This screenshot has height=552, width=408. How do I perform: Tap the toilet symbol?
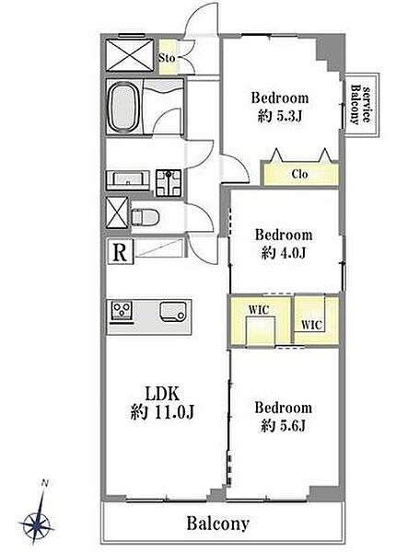click(x=146, y=217)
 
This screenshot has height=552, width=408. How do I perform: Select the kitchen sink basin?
click(x=172, y=311)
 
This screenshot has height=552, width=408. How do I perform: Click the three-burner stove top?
click(x=122, y=311)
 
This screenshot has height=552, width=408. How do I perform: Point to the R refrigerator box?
click(x=120, y=252)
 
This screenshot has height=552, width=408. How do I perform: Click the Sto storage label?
click(x=167, y=58)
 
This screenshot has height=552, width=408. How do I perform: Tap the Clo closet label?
click(x=299, y=174)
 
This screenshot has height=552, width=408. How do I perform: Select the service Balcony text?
click(x=361, y=104)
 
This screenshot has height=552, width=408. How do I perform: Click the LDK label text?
click(x=162, y=394)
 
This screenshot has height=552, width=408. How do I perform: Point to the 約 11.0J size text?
click(x=162, y=412)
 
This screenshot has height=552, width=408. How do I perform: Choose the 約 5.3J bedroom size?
click(x=280, y=116)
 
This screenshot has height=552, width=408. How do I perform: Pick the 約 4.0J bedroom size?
click(x=284, y=252)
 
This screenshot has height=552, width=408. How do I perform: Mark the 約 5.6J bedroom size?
click(x=284, y=426)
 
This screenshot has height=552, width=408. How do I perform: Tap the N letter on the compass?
click(x=45, y=483)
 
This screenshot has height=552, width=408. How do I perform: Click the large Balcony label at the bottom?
click(x=218, y=523)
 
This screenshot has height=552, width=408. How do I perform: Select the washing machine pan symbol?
click(x=169, y=182)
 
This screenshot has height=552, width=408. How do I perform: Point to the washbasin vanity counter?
click(x=128, y=180)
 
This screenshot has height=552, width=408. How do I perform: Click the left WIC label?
click(x=259, y=310)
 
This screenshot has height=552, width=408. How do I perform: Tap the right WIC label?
click(x=311, y=324)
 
